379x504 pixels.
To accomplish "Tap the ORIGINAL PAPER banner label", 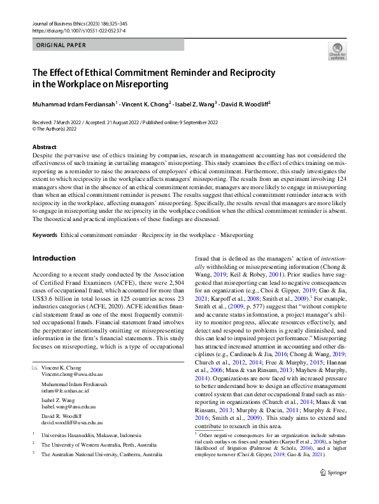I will pyautogui.click(x=62, y=45).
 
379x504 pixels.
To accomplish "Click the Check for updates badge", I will pyautogui.click(x=337, y=51).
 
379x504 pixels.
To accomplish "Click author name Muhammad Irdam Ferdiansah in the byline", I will pyautogui.click(x=74, y=103).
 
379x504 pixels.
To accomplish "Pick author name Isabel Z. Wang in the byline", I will pyautogui.click(x=195, y=103).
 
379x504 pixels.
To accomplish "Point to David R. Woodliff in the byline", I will pyautogui.click(x=246, y=103).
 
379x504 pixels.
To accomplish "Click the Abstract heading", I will pyautogui.click(x=44, y=147).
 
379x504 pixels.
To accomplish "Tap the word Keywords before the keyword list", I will pyautogui.click(x=45, y=235).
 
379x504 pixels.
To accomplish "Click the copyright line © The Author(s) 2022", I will pyautogui.click(x=60, y=127).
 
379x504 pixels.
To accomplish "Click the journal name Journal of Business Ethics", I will pyautogui.click(x=60, y=22).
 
